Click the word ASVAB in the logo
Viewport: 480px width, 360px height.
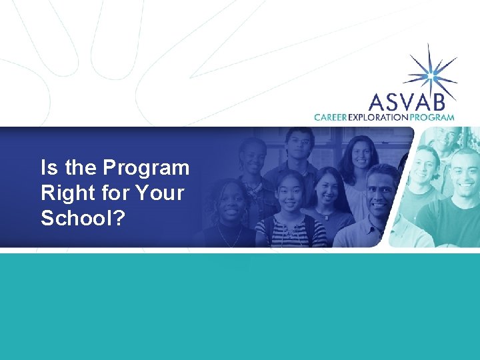412,101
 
